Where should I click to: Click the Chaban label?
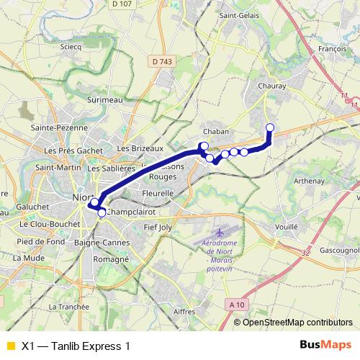pos(216,132)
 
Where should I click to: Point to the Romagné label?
pos(111,258)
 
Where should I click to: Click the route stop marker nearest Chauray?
pos(270,128)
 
